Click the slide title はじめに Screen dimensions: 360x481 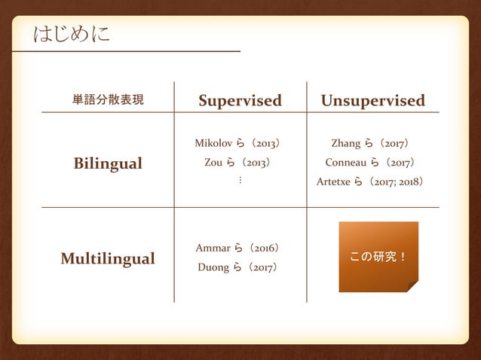pos(72,34)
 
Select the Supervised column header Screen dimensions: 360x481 pos(240,101)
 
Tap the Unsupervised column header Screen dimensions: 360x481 pos(372,101)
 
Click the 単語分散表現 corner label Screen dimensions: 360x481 pos(108,100)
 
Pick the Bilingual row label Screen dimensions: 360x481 pos(108,163)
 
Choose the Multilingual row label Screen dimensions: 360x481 pos(108,259)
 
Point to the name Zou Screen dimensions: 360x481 pos(213,162)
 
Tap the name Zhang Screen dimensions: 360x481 pos(346,142)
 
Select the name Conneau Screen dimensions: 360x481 pos(346,162)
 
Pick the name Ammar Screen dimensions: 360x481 pos(212,248)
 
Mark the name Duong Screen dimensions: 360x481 pos(213,267)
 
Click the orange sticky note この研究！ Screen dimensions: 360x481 pos(378,257)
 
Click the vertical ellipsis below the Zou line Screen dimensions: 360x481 pos(240,182)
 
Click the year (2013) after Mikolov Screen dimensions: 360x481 pos(266,142)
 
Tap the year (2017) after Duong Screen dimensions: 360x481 pos(265,267)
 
